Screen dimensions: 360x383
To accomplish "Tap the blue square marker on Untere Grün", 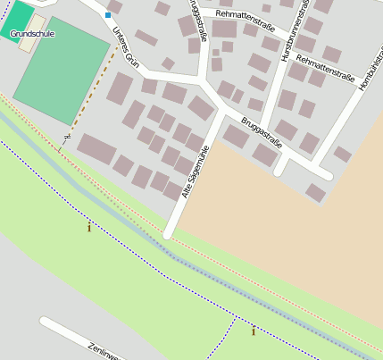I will coord(108,15).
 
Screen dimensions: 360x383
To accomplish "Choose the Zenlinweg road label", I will coord(103,351).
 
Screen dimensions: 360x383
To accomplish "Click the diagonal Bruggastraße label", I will coord(261,130).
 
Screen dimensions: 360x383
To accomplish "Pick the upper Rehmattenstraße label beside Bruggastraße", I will coord(245,15).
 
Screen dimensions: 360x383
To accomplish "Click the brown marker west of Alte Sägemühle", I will coord(88,228).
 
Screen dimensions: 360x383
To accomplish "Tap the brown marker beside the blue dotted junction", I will coord(254,331).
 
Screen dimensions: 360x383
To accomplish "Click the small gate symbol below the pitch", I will coord(66,137).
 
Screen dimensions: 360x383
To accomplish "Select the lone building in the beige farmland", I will coord(315,193).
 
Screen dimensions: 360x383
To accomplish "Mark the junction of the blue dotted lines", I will coord(236,317).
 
